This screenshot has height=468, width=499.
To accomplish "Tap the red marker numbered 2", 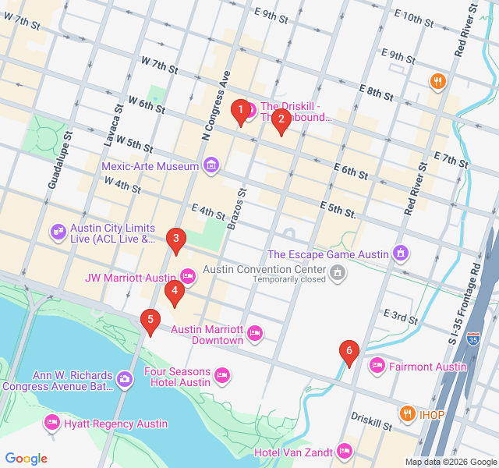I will pyautogui.click(x=281, y=119).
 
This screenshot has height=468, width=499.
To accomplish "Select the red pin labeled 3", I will pyautogui.click(x=176, y=239).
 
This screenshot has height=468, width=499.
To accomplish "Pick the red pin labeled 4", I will pyautogui.click(x=175, y=292).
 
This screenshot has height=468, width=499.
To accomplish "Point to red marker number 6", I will pyautogui.click(x=349, y=352).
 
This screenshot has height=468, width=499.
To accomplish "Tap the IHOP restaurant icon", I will pyautogui.click(x=406, y=413).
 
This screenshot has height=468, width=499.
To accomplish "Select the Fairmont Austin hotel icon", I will pyautogui.click(x=377, y=364).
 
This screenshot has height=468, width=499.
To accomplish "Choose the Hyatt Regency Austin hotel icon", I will pyautogui.click(x=52, y=423).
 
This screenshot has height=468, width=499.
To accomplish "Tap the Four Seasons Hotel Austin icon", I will pyautogui.click(x=222, y=376).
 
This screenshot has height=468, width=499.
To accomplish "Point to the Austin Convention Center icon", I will pyautogui.click(x=338, y=271).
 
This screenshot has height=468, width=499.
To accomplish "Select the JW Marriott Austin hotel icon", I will pyautogui.click(x=187, y=276).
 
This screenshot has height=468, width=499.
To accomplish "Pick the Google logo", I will pyautogui.click(x=26, y=459).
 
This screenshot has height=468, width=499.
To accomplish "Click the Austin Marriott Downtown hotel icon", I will pyautogui.click(x=254, y=335).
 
